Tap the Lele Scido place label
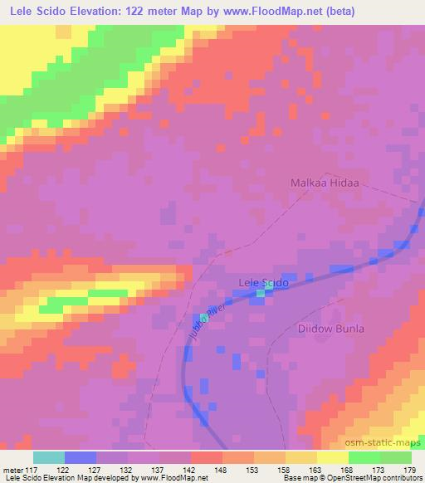click(263, 283)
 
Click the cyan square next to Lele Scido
click(261, 293)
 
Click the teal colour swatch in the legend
click(49, 457)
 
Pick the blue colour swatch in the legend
click(81, 457)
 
